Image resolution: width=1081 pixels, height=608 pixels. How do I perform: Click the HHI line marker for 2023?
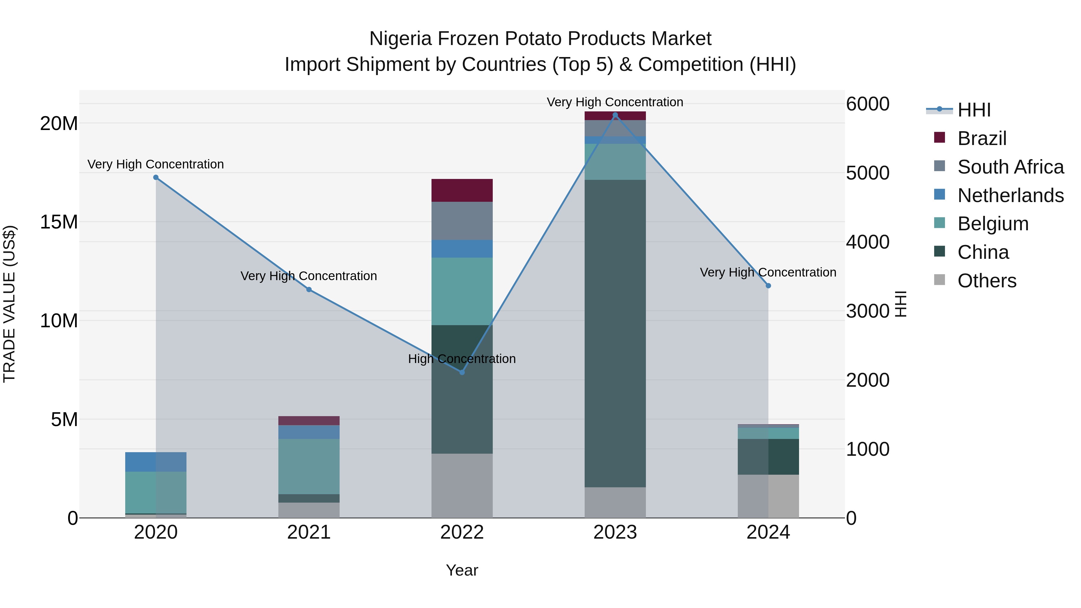(x=615, y=115)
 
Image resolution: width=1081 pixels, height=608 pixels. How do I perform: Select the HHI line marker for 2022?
(x=462, y=372)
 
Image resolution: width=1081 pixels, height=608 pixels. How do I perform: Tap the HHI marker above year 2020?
(x=156, y=177)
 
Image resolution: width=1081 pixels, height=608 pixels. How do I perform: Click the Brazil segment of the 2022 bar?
(x=462, y=190)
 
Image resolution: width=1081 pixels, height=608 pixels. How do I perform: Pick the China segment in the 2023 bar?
(x=615, y=334)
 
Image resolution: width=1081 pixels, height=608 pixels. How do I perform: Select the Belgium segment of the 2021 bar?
(x=309, y=466)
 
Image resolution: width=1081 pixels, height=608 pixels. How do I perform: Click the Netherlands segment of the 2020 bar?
(x=156, y=462)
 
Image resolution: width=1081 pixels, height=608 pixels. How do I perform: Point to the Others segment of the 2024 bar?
(x=768, y=496)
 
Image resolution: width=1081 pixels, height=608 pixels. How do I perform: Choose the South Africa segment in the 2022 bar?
(x=462, y=221)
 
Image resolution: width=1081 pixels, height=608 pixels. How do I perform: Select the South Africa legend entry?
(x=1010, y=167)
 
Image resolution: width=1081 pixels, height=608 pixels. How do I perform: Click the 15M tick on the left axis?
(x=59, y=222)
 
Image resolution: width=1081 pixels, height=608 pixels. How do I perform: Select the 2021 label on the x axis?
(x=309, y=532)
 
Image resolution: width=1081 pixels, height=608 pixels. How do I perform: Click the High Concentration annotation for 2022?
(x=462, y=359)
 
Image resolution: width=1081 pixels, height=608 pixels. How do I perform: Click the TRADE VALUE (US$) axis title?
(x=9, y=304)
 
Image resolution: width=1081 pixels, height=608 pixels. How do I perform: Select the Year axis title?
(x=462, y=570)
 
